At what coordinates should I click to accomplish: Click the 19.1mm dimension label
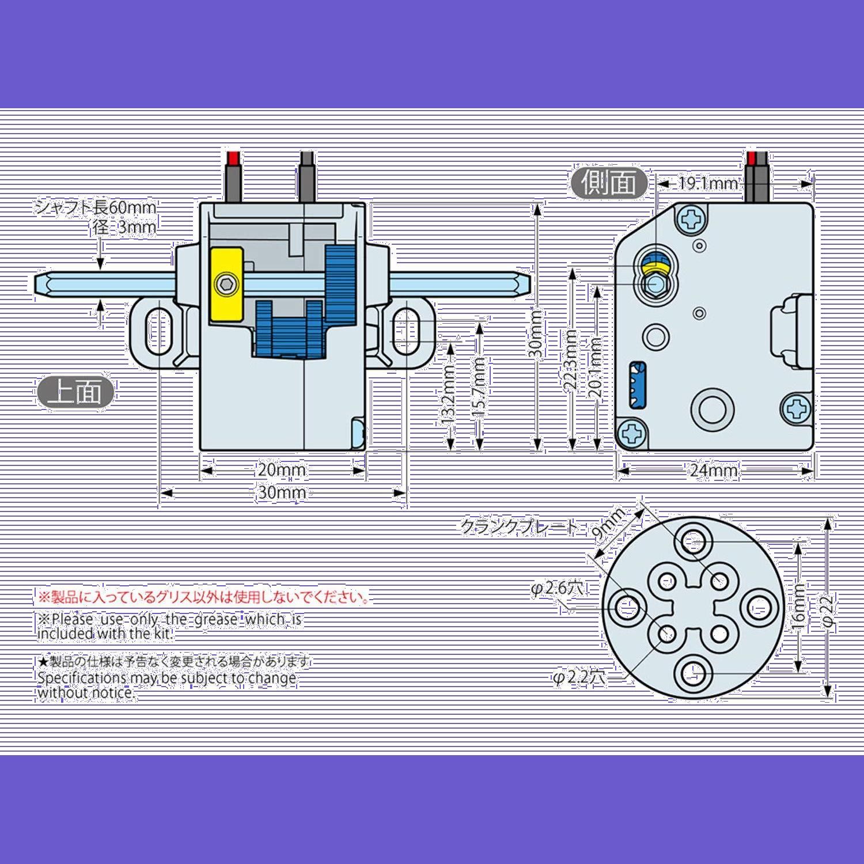(x=707, y=183)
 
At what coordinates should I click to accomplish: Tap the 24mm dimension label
(x=714, y=471)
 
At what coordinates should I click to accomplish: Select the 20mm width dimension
(x=282, y=470)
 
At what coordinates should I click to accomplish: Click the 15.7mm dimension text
(x=479, y=387)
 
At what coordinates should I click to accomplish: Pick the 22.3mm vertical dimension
(x=571, y=360)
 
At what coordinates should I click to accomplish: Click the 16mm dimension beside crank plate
(x=799, y=608)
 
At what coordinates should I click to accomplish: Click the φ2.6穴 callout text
(x=558, y=588)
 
